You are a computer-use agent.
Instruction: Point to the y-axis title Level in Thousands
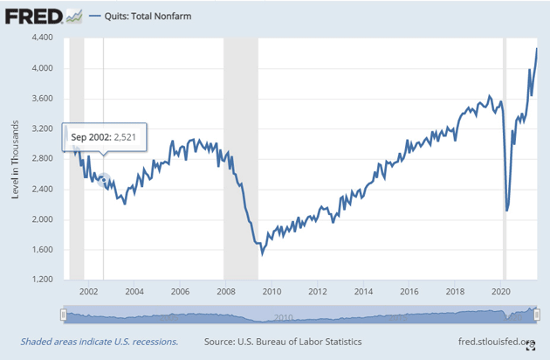(x=16, y=159)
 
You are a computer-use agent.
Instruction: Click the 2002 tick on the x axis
(x=88, y=292)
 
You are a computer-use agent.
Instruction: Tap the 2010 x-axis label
(x=271, y=292)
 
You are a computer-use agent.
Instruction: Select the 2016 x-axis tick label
(x=408, y=292)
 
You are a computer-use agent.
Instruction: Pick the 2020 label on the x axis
(x=499, y=292)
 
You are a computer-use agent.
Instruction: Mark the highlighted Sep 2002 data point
(x=103, y=180)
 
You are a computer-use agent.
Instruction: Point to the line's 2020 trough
(x=507, y=211)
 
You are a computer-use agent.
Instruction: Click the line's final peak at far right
(x=537, y=49)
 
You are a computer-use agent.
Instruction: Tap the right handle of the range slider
(x=539, y=315)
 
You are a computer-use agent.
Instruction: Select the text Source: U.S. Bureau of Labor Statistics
(x=282, y=342)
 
